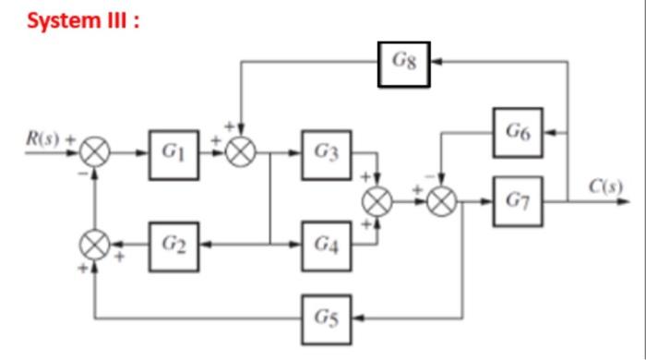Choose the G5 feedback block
tap(326, 319)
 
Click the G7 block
tap(517, 198)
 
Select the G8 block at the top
tap(403, 64)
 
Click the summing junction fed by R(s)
tap(95, 151)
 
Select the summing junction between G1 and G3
tap(242, 151)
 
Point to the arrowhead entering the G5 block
tap(358, 319)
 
